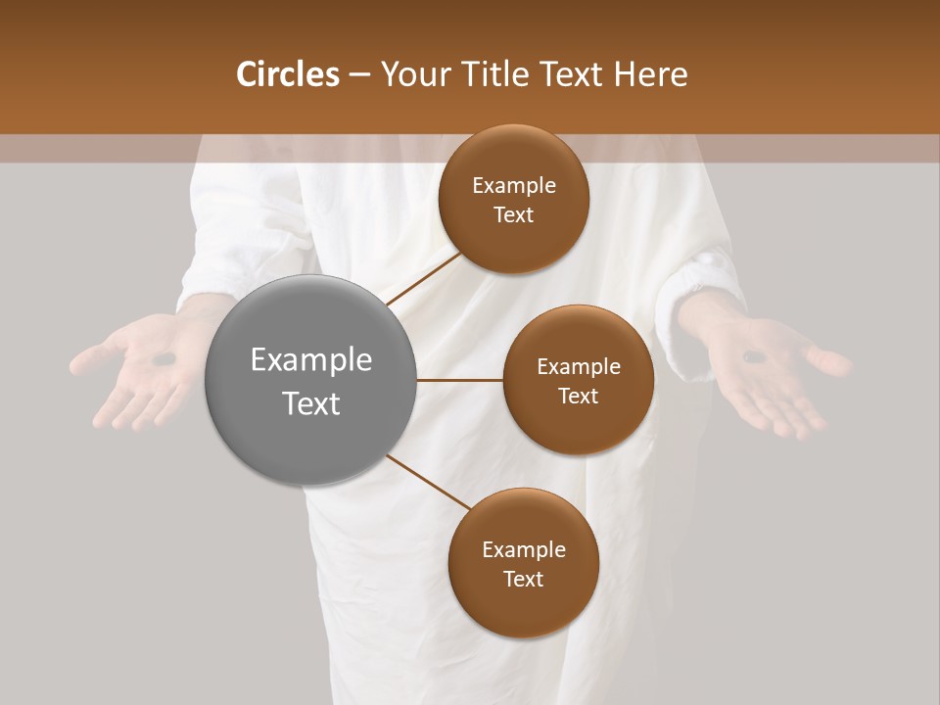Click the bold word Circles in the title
coord(287,74)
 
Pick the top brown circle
coord(513,199)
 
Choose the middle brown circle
coord(578,381)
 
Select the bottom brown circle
coord(523,563)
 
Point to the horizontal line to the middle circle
coord(459,381)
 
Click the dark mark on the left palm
coord(164,359)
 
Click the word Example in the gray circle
coord(310,360)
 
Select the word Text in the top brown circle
coord(513,214)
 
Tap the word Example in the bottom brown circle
coord(523,549)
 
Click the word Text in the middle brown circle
coord(578,396)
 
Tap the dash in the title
coord(359,75)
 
